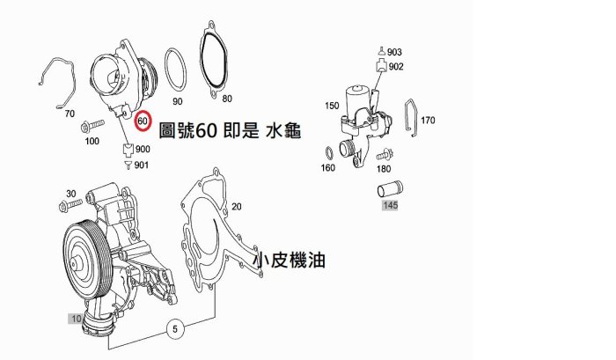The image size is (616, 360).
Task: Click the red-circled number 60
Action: pos(143,121)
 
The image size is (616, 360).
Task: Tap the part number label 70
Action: pos(70,114)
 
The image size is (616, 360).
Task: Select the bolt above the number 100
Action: pos(92,126)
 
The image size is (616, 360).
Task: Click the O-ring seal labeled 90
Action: pos(176,70)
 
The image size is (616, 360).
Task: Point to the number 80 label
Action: pos(227,99)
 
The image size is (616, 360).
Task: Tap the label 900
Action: pos(143,149)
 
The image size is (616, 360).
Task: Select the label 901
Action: pos(142,165)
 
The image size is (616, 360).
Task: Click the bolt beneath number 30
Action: pos(70,205)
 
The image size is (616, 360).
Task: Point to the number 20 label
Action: pos(236,207)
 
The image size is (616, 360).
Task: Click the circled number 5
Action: pos(175,328)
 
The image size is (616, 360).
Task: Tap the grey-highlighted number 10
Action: pos(76,319)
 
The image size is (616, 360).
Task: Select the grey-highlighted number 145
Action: pos(390,205)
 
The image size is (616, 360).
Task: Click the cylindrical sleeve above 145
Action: pos(390,189)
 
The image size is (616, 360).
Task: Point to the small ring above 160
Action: pos(328,152)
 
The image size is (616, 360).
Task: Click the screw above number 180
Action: pos(385,154)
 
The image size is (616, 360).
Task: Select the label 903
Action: pos(394,52)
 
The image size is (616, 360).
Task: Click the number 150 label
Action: pos(332,106)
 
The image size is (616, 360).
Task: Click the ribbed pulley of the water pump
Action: pos(83,261)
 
